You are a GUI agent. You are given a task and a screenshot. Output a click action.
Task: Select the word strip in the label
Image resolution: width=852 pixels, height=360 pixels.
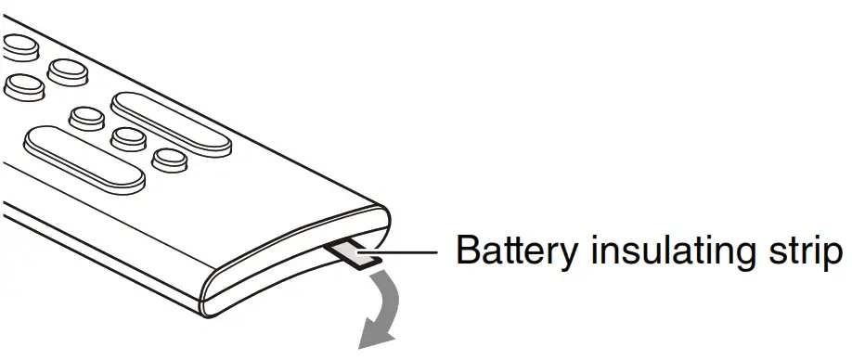[x=800, y=251]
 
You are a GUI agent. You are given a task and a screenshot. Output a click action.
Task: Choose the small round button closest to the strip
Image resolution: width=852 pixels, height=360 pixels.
[x=168, y=160]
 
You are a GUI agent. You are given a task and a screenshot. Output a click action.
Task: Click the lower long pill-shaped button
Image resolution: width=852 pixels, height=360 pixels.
[x=85, y=160]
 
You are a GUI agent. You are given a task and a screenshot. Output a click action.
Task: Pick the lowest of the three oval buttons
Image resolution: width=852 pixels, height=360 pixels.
[x=22, y=86]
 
